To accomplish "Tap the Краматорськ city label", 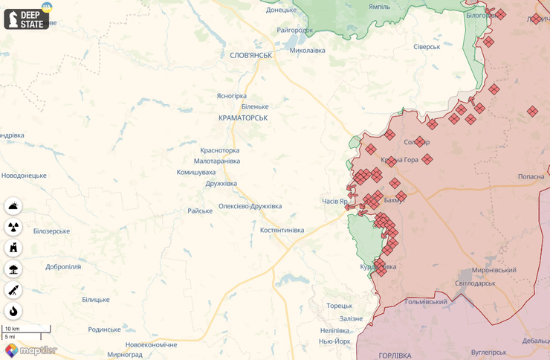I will point(243,118).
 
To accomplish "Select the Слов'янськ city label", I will point(250,55).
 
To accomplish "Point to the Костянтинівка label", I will point(282,230).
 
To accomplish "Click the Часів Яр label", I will point(334,202).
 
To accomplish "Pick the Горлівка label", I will point(395,356).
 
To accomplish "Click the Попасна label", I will point(531,176).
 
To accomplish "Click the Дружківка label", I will point(221,183).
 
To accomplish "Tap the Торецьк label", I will point(339,306).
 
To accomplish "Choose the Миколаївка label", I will point(307,51).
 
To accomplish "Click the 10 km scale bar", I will point(27,329).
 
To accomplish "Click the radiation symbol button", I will point(13,228).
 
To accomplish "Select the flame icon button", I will point(13,311).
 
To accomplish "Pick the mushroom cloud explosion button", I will point(13,269).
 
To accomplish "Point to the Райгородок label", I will point(294,30).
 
